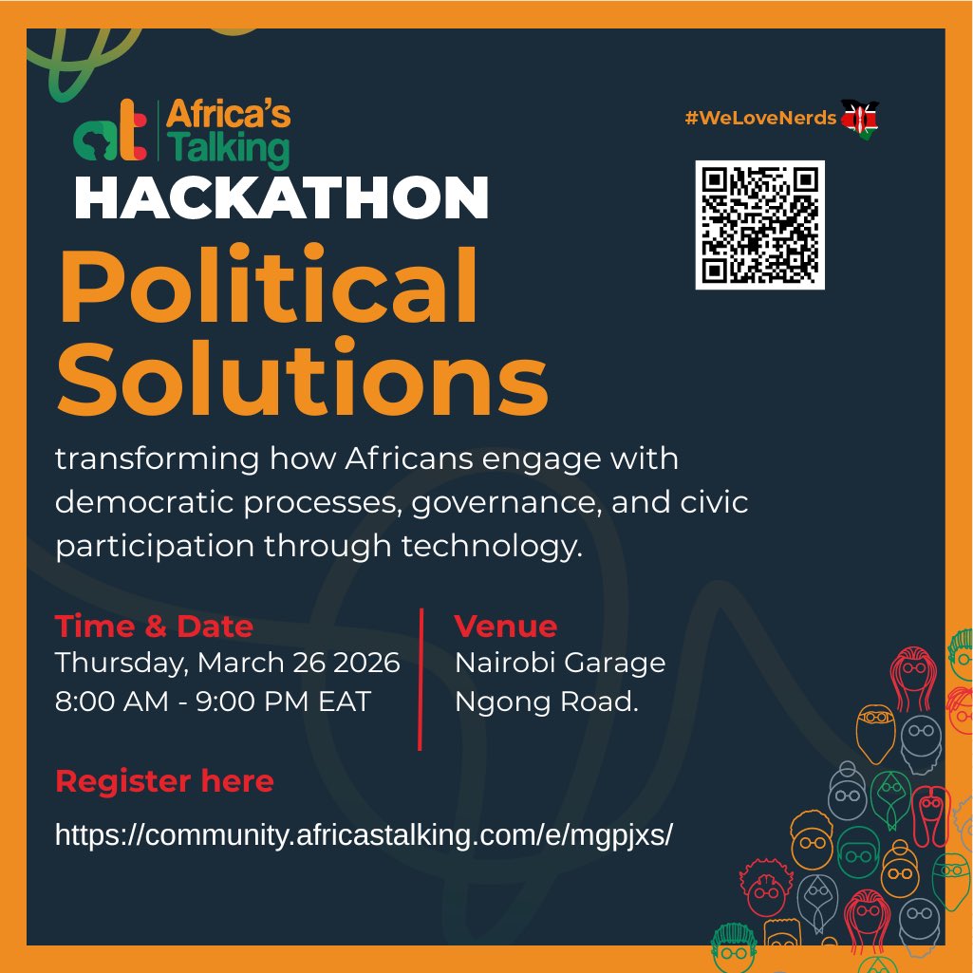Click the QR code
[x=759, y=225]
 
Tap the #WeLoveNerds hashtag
[x=760, y=118]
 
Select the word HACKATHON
[x=281, y=198]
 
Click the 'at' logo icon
[x=110, y=135]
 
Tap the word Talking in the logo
[x=227, y=151]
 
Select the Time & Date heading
[x=154, y=627]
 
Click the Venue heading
[x=505, y=627]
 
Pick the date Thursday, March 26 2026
[x=227, y=663]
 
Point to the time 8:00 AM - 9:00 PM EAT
[x=213, y=702]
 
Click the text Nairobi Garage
[x=560, y=663]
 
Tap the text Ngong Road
[x=546, y=702]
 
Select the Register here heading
[x=164, y=781]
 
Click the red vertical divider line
[x=421, y=679]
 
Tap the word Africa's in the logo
[x=229, y=116]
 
